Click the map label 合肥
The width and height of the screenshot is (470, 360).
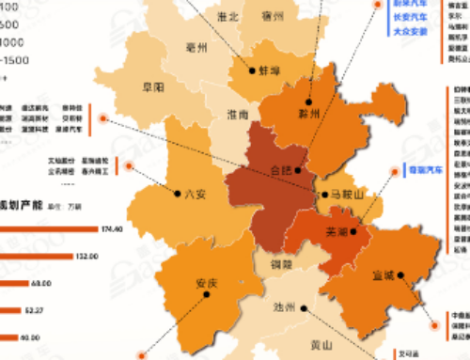pyautogui.click(x=280, y=171)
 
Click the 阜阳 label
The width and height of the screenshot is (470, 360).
pyautogui.click(x=151, y=86)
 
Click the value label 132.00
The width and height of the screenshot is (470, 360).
pyautogui.click(x=88, y=256)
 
